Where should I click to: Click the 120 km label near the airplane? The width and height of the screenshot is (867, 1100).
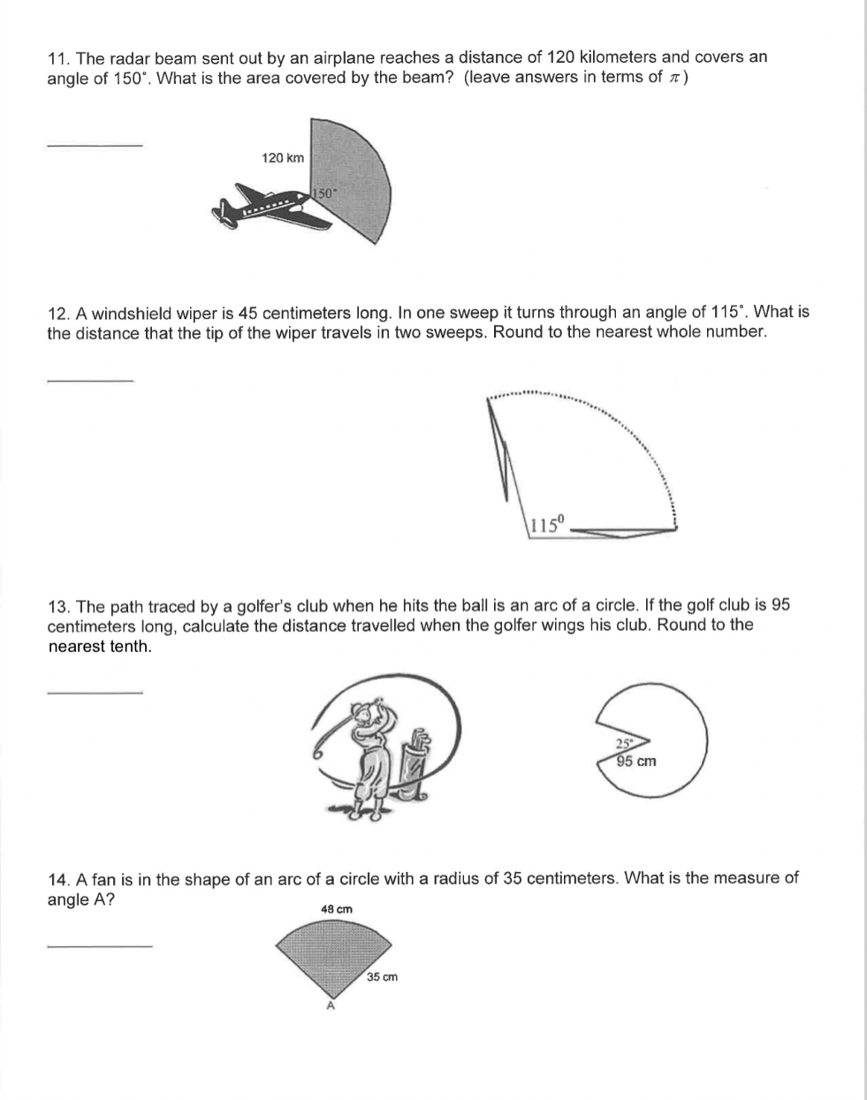(283, 158)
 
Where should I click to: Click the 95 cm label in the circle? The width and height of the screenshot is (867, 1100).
(636, 762)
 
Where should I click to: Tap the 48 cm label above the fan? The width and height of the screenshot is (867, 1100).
(336, 908)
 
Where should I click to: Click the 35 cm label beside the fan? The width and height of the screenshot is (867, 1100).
(383, 977)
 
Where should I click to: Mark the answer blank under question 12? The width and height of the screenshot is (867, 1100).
(89, 380)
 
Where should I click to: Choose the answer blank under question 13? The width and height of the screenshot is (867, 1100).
(94, 692)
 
